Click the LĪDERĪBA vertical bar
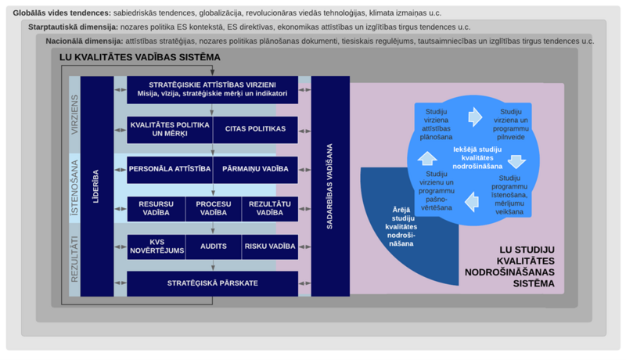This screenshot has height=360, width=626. [97, 186]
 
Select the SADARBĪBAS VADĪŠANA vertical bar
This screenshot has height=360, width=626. [330, 186]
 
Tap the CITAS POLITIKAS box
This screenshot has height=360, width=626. [256, 130]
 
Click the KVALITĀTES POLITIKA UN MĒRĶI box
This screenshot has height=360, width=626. [170, 130]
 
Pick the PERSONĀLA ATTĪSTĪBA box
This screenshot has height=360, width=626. [170, 170]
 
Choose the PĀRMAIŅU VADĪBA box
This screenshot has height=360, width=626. [256, 170]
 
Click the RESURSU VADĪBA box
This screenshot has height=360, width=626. [156, 209]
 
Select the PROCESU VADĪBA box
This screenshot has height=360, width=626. [214, 209]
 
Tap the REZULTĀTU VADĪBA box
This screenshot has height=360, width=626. [270, 209]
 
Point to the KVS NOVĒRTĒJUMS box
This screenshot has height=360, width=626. [156, 247]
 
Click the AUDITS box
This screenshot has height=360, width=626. [214, 247]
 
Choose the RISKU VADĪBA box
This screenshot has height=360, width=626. [270, 247]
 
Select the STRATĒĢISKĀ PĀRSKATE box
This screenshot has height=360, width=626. [212, 284]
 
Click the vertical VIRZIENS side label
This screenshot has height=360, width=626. [74, 115]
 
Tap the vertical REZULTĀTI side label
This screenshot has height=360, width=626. [74, 259]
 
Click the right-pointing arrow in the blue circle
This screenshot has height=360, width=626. [475, 117]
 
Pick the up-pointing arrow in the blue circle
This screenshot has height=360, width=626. [427, 158]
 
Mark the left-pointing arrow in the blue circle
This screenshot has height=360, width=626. [472, 202]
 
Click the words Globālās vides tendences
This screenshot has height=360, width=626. [62, 13]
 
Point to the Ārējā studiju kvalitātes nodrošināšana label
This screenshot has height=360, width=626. [401, 227]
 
